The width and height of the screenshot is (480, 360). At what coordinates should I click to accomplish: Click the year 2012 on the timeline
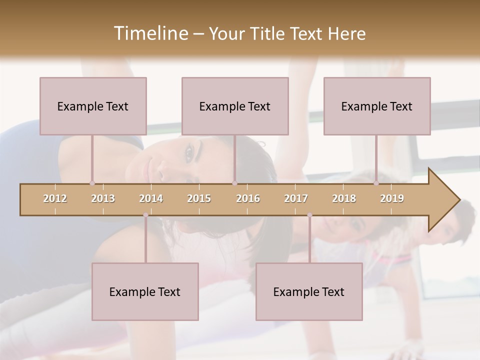(55, 198)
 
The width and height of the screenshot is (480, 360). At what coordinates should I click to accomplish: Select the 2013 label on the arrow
(103, 198)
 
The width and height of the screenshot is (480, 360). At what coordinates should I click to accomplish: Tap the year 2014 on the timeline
(151, 198)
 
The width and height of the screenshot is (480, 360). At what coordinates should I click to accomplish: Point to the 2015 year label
(199, 198)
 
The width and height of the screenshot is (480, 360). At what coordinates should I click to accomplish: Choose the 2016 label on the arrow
(248, 198)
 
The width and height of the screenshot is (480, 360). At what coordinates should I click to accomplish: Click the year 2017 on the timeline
(296, 198)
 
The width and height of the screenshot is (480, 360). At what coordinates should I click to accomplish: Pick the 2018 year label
(344, 198)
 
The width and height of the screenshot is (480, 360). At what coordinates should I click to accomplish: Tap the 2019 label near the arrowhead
(392, 198)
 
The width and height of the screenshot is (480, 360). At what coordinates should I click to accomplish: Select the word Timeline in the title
(149, 33)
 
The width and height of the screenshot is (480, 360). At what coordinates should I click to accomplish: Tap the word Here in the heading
(347, 34)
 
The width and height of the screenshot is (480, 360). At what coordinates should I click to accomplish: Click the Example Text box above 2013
(93, 106)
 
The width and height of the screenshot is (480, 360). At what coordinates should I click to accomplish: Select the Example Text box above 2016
(235, 106)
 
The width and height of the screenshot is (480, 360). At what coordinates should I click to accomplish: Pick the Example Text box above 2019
(377, 106)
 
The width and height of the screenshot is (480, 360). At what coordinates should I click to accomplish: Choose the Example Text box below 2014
(145, 291)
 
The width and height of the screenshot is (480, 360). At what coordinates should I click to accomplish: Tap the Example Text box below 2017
(309, 291)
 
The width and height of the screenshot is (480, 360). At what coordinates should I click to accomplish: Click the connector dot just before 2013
(92, 183)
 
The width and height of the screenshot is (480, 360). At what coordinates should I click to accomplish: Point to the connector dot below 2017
(309, 215)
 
